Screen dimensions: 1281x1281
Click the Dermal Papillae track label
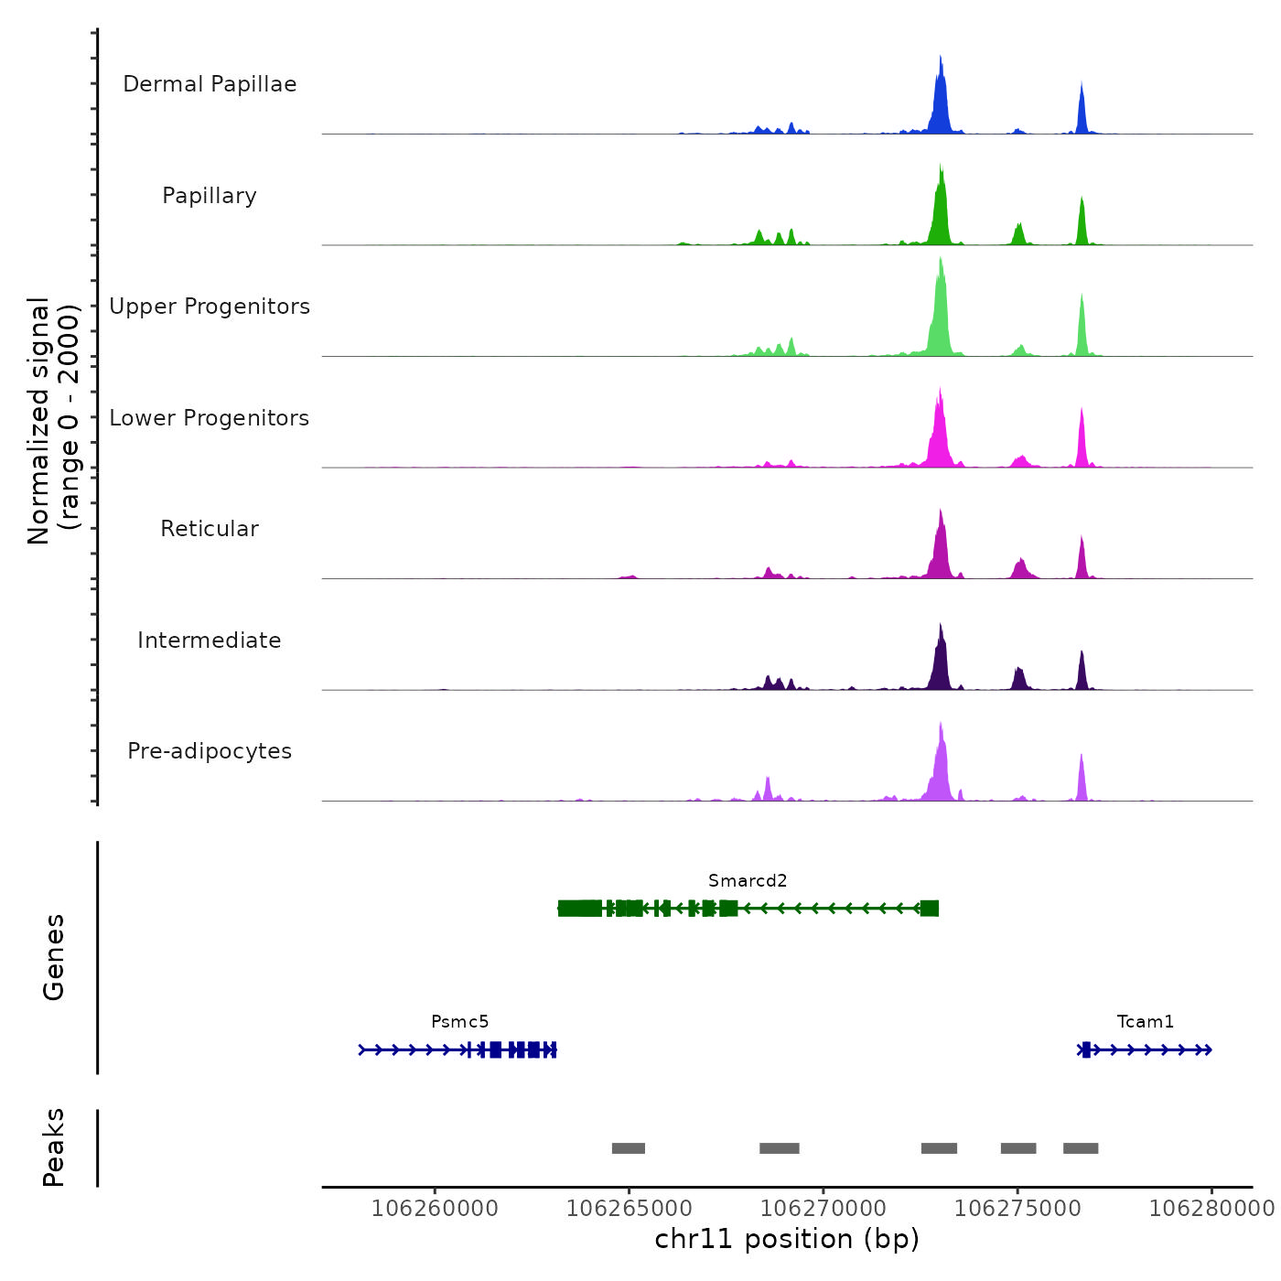click(210, 84)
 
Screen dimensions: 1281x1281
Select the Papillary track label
click(210, 196)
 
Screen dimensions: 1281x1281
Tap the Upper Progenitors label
click(210, 307)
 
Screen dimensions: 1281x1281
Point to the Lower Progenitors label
click(210, 418)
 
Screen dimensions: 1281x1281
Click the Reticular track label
click(210, 529)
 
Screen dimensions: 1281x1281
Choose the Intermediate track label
click(210, 640)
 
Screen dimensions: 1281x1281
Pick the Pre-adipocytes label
click(210, 751)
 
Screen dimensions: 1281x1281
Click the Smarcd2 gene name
click(748, 880)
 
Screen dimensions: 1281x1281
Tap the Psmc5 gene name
click(460, 1021)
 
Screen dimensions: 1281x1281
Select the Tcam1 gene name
click(1145, 1021)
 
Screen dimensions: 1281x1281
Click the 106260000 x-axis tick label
click(435, 1209)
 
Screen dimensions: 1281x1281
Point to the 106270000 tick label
click(823, 1209)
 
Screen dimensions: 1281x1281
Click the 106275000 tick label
click(1017, 1209)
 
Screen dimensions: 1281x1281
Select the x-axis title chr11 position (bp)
click(787, 1239)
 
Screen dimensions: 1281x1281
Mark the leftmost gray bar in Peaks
click(629, 1148)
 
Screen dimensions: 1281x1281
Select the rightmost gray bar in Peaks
click(1081, 1148)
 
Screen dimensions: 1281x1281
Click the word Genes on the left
click(54, 957)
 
